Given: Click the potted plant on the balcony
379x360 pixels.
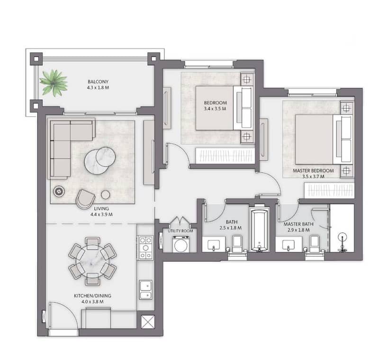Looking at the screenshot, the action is (x=54, y=83).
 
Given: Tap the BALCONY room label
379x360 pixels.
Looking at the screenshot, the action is (x=98, y=82).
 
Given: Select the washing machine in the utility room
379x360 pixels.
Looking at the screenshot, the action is (x=180, y=244).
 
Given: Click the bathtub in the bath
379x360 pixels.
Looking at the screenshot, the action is (x=259, y=230).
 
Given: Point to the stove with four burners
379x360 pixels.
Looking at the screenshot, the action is (x=145, y=248).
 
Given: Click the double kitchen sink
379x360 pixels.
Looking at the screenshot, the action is (x=146, y=290).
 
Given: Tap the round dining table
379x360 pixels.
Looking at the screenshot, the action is (x=92, y=261).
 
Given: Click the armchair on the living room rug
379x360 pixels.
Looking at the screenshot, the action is (x=85, y=199).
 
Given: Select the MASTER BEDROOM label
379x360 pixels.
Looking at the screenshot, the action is (x=313, y=171).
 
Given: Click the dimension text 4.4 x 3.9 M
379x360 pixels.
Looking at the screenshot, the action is (x=101, y=214).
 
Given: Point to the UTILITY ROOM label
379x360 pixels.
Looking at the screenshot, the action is (x=180, y=231).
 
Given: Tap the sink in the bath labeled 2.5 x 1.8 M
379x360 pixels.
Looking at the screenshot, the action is (x=214, y=245).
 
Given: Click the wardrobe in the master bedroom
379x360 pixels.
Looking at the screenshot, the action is (x=329, y=190).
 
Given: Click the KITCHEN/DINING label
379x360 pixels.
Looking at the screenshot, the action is (x=92, y=295).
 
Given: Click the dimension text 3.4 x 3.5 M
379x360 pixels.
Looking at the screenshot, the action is (x=215, y=109).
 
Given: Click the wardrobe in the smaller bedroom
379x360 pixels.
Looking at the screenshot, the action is (x=225, y=155).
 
